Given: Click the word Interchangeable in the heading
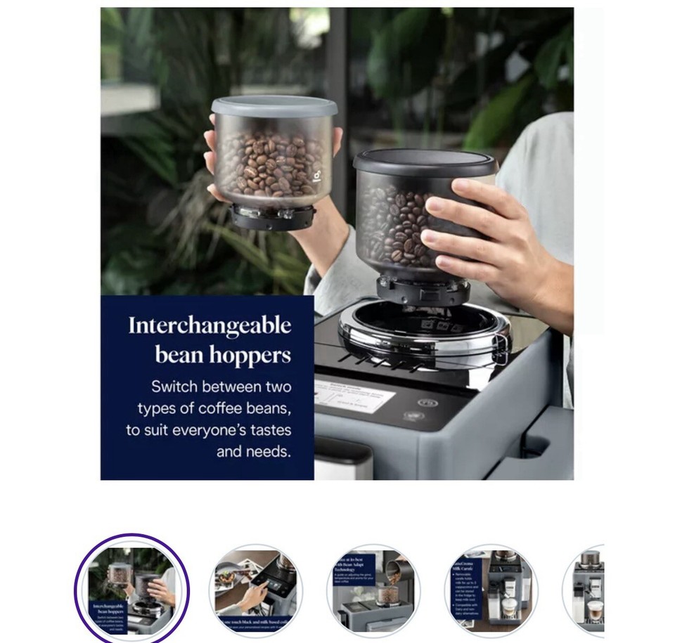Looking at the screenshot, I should click(x=210, y=326).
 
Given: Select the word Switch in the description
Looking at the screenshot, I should click(x=174, y=387).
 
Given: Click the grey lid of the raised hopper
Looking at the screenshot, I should click(x=274, y=105).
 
